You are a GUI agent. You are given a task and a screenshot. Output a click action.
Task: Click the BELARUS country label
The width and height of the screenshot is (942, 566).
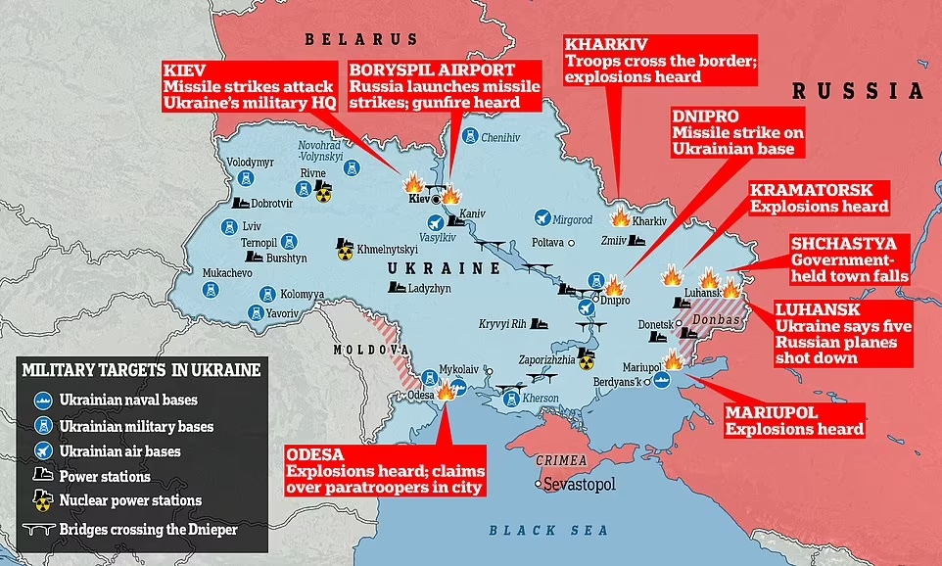point(360,39)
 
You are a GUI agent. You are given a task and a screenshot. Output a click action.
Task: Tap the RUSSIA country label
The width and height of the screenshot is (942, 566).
point(857,91)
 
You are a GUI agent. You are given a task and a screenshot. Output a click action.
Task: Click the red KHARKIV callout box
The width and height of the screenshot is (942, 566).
point(632,60)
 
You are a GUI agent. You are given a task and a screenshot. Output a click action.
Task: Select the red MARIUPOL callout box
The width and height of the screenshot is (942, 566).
point(793,420)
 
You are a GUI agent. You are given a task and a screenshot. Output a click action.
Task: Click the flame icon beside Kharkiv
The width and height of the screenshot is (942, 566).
point(620,217)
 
